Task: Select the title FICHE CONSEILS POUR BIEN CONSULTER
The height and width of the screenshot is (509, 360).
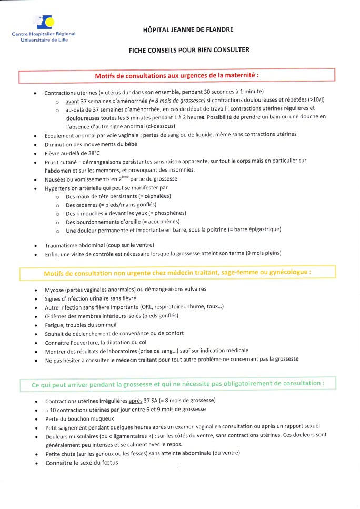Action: coord(189,51)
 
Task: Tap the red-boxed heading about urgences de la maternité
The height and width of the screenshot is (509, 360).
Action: coord(177,76)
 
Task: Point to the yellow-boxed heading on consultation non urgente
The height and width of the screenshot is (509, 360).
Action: coord(177,273)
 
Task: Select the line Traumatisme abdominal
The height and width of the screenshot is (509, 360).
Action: coord(92,245)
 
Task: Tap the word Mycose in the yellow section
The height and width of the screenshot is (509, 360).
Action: coord(54,290)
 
